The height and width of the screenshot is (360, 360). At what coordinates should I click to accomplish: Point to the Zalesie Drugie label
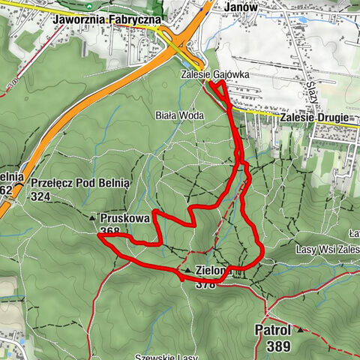tap(312, 118)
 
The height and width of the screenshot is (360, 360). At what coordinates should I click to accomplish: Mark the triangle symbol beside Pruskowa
tap(93, 218)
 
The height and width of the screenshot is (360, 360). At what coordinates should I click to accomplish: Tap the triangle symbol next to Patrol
tap(300, 329)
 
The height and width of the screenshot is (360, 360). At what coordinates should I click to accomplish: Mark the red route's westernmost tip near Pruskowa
tap(98, 235)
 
